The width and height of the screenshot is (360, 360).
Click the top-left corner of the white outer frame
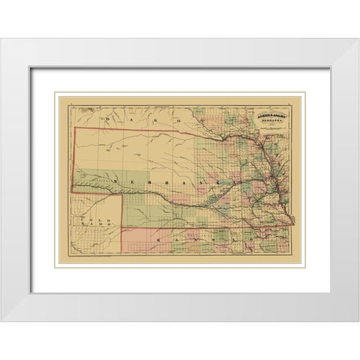(1, 39)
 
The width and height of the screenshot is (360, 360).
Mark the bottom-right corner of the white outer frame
(358, 320)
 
